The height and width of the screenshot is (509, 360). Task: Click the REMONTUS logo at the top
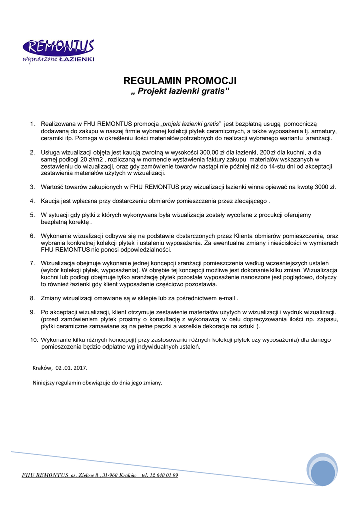[x=58, y=51]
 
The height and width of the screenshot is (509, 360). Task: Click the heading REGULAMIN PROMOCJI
[x=180, y=81]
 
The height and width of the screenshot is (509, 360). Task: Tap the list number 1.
[x=32, y=124]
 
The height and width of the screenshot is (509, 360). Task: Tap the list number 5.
[x=32, y=215]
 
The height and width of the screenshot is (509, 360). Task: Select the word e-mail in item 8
[x=227, y=298]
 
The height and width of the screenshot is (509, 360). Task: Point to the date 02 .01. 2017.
[x=71, y=368]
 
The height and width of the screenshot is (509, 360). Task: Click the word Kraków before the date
[x=42, y=368]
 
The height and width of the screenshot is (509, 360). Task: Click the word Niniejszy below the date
[x=44, y=383]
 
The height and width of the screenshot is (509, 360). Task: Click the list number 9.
[x=32, y=312]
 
